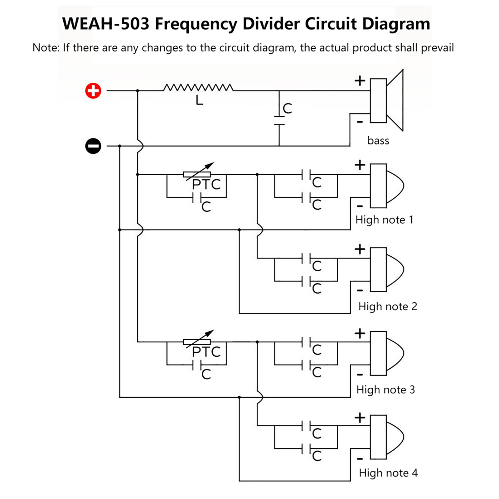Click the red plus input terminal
tap(93, 91)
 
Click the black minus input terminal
tap(93, 146)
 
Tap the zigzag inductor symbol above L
tap(198, 88)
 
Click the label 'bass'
tap(378, 141)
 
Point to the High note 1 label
tap(384, 220)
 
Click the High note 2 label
tap(387, 307)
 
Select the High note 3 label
tap(385, 390)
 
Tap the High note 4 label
tap(388, 473)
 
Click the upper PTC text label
tap(206, 185)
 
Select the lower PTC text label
tap(206, 352)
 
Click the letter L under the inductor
tap(199, 100)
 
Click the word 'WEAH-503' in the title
tap(106, 24)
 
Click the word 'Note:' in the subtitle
tap(46, 48)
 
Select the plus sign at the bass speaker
tap(360, 81)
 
